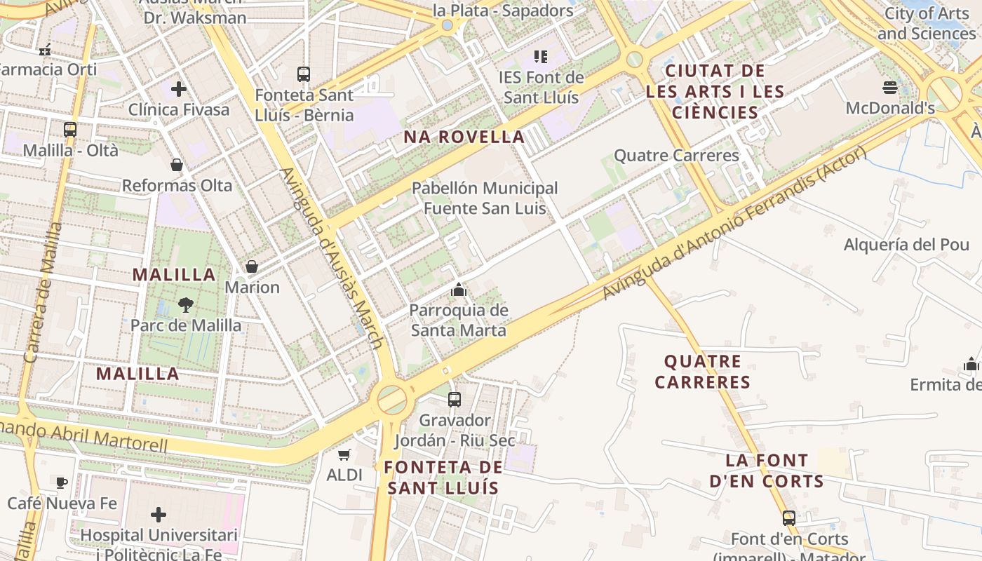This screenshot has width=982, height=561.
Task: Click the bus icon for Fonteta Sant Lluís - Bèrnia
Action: [304, 74]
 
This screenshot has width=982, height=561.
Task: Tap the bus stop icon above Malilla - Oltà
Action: [70, 130]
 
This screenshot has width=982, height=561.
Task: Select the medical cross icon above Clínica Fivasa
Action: [179, 89]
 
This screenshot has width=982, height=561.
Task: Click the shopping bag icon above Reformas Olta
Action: [177, 165]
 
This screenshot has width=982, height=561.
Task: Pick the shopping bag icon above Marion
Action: [252, 266]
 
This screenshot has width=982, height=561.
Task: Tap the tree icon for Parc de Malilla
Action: [186, 304]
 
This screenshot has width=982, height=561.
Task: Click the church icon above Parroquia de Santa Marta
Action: [459, 289]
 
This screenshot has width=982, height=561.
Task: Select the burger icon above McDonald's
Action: [890, 88]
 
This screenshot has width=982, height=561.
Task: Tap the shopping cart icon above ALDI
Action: [344, 454]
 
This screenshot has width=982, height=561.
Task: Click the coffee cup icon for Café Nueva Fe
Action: [62, 482]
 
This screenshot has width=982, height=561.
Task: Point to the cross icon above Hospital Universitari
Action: [159, 515]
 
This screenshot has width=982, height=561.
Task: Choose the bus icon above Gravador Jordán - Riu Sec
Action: [455, 400]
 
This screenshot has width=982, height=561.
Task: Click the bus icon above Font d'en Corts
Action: [789, 518]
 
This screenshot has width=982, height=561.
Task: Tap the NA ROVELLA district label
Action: [464, 137]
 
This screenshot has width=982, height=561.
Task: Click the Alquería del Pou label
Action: [906, 245]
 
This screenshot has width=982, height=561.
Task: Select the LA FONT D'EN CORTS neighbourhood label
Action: [766, 471]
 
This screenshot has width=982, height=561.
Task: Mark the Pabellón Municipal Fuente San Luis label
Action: [485, 198]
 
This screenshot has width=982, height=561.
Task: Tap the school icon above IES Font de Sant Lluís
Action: [540, 56]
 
